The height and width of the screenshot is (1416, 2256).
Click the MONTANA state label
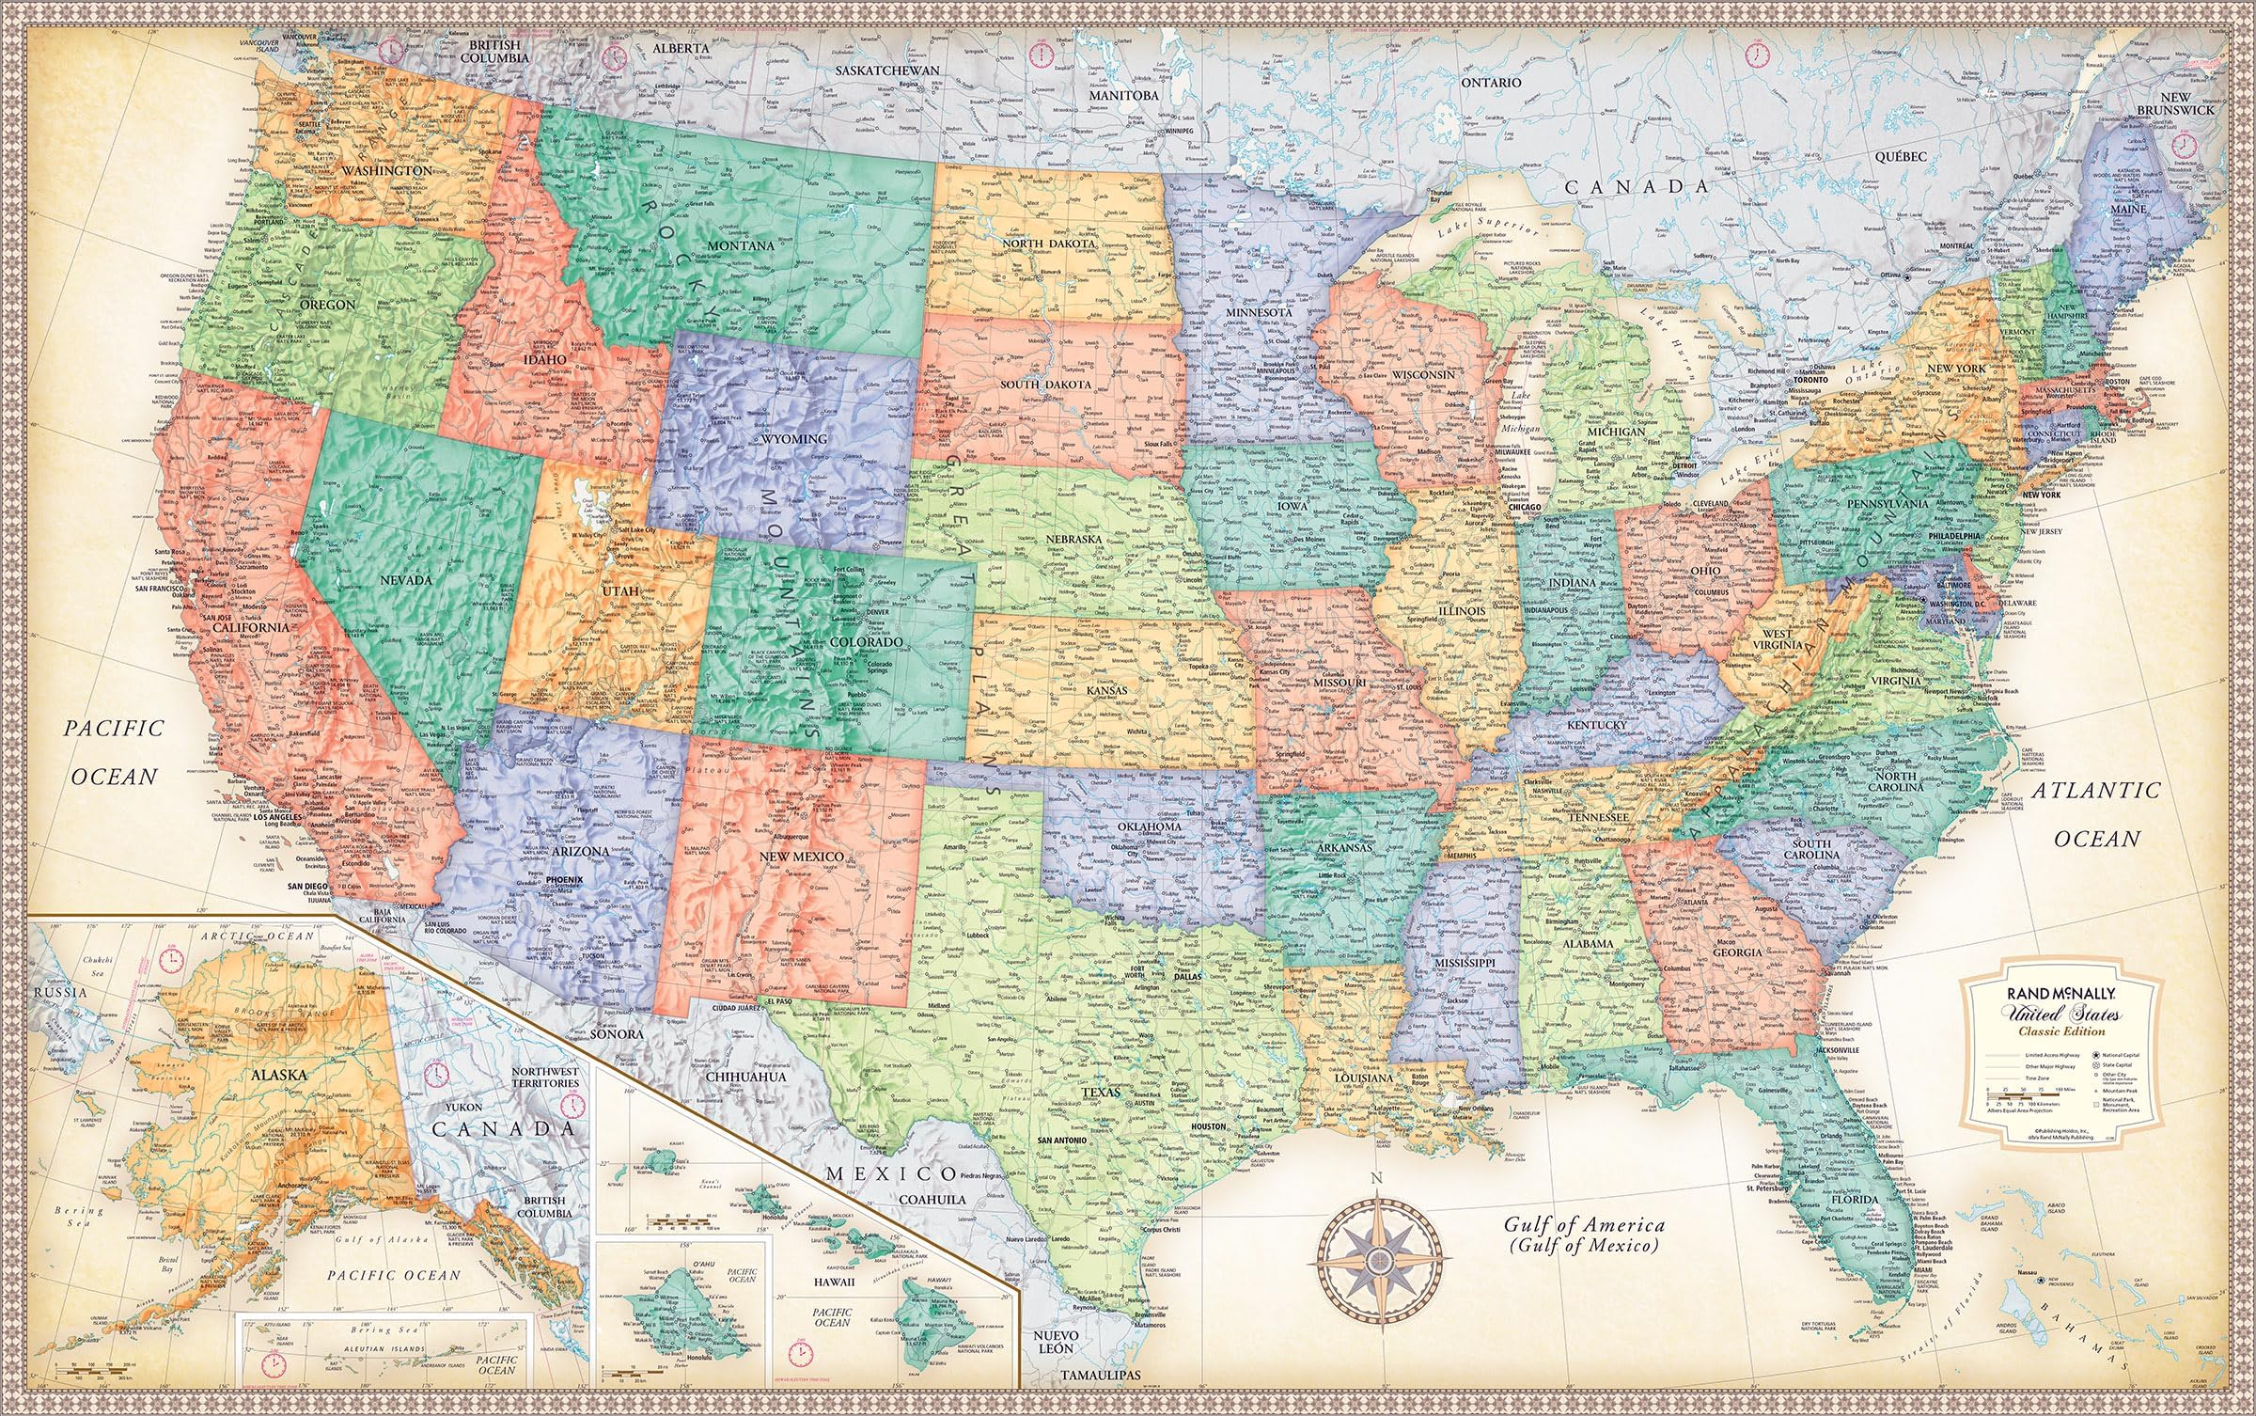click(x=741, y=245)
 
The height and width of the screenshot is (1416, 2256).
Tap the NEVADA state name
click(x=405, y=580)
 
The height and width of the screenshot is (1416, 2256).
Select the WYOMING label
click(x=794, y=439)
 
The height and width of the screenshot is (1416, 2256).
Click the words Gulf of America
click(x=1584, y=1225)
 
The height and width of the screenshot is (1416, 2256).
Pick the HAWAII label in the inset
click(x=834, y=1282)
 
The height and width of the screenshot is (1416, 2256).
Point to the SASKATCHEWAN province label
click(x=888, y=71)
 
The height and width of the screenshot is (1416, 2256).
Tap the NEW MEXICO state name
click(x=801, y=857)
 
